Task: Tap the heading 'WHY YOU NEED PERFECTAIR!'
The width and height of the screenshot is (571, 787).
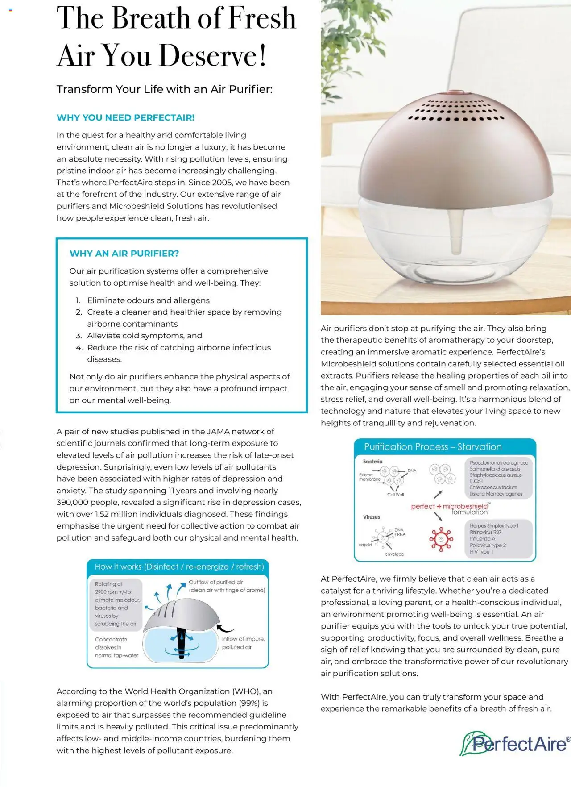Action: point(125,118)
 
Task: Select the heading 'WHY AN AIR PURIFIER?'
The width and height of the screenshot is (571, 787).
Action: point(124,254)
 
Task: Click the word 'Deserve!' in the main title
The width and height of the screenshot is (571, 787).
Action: point(212,56)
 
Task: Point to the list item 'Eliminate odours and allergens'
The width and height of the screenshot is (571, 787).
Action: point(148,300)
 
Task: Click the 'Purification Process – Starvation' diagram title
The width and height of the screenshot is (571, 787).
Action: point(432,447)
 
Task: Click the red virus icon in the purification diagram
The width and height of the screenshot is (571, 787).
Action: point(441,539)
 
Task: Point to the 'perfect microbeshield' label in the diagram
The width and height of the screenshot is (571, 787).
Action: point(450,507)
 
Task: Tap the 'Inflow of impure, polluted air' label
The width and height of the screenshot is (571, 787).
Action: point(243,643)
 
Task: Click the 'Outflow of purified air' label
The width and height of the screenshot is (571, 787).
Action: point(216,582)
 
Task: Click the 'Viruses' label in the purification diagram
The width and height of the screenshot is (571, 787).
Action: point(371,517)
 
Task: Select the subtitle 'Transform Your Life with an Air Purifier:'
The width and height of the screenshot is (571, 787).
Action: point(164,89)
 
